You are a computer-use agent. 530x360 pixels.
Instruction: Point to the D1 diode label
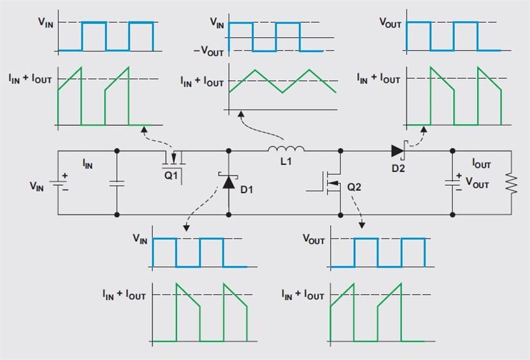[246, 189]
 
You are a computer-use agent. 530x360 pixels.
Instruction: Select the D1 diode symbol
[228, 181]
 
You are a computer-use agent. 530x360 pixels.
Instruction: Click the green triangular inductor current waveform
[283, 81]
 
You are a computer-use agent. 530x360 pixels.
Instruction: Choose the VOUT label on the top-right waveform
[390, 22]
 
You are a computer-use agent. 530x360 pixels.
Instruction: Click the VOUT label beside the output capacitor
[478, 184]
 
